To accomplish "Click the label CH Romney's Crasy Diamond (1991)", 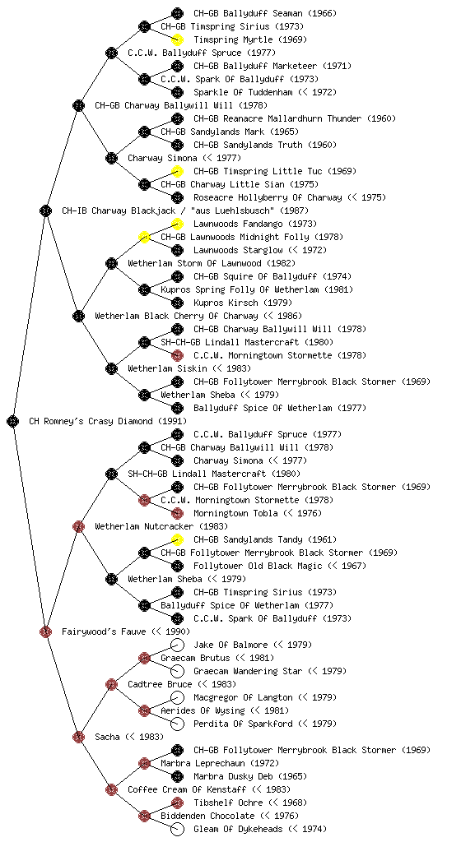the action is [108, 421].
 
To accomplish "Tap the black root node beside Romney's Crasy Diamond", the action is [13, 421].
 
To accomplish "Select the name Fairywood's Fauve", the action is [105, 631].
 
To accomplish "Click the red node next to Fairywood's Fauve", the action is [45, 631].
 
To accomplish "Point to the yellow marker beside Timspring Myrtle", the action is [177, 39].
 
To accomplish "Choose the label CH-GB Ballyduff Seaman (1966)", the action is [265, 13].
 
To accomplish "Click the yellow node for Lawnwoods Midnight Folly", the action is [144, 237].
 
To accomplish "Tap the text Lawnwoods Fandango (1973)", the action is [255, 224].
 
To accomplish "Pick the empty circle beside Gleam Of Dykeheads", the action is [177, 829].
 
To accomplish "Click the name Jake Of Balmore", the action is [230, 645].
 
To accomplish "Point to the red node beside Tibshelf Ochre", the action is [177, 803].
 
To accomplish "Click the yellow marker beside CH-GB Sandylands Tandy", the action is [177, 539].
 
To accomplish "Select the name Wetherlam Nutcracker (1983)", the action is [161, 526].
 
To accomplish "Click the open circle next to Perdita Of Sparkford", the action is [177, 724].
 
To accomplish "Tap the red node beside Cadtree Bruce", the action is [111, 684].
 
